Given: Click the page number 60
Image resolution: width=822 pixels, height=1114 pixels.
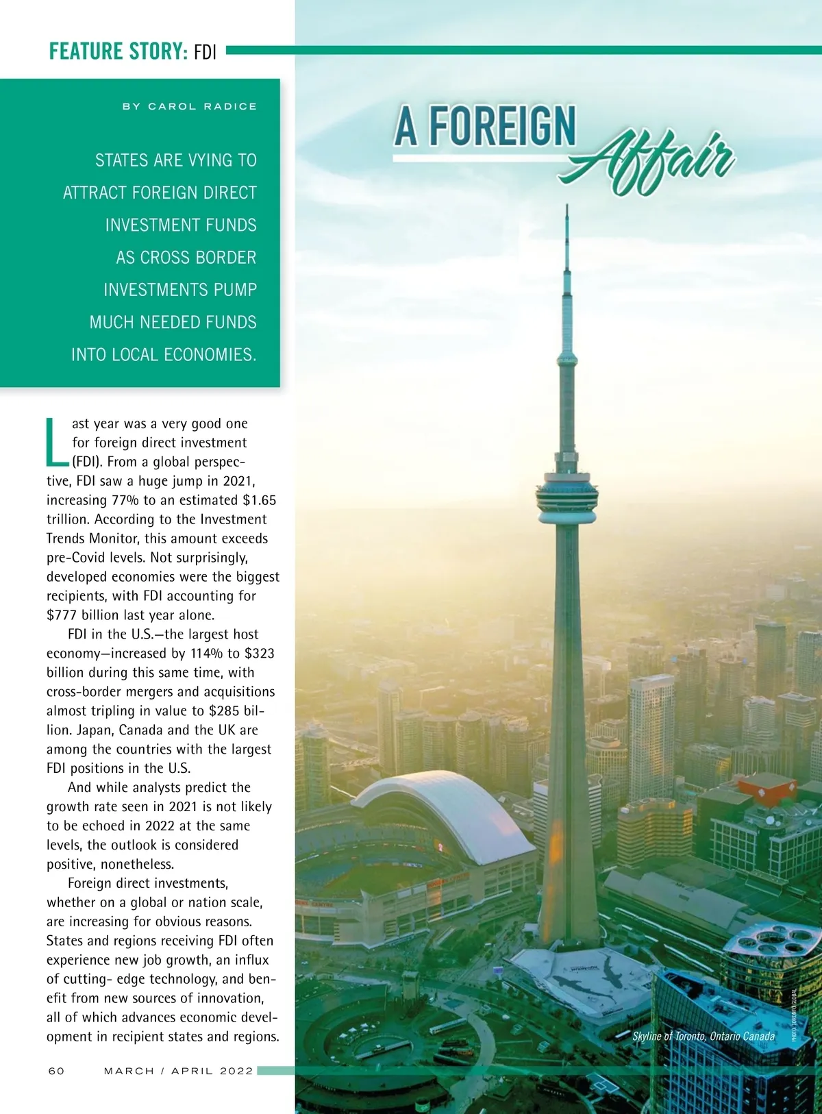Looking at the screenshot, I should point(56,1071).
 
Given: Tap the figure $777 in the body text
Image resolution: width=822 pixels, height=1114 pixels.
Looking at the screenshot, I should point(62,615).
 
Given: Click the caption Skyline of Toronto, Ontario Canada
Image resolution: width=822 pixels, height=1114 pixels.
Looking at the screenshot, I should point(703,1036).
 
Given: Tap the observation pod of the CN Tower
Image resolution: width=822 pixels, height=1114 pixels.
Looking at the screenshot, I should point(566,495).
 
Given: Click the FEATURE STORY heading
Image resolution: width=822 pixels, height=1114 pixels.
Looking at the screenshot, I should point(118,51).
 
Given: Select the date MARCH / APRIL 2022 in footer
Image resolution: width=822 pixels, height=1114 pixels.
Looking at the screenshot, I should point(178,1071).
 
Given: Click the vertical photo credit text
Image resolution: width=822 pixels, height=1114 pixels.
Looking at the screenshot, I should point(794,1013).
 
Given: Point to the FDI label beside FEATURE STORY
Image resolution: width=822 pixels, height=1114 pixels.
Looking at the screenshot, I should point(205,52).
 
